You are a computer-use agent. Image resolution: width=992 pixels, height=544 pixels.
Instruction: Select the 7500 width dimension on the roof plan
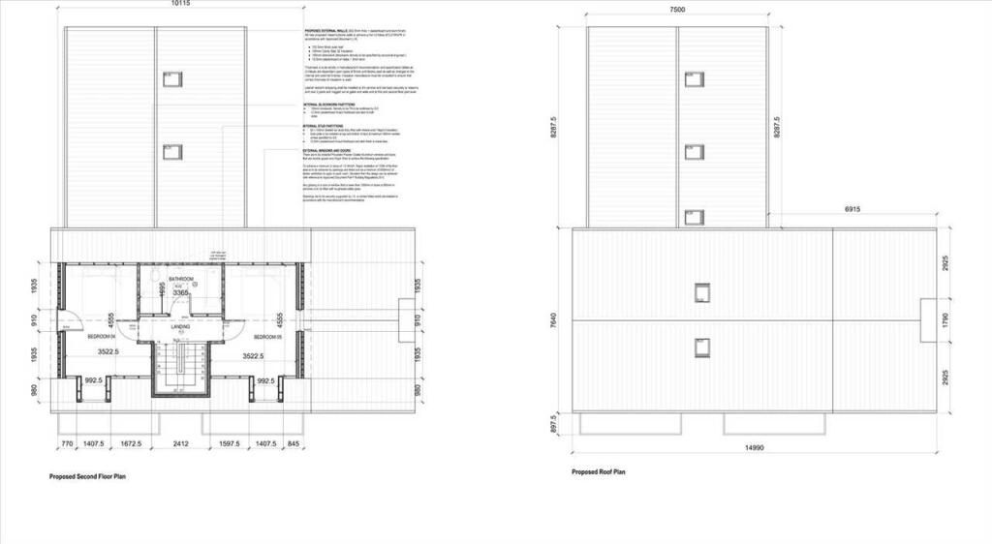tap(677, 9)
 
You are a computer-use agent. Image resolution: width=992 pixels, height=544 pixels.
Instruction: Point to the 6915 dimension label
tap(853, 208)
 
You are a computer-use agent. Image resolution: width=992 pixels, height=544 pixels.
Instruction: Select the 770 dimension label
tap(68, 443)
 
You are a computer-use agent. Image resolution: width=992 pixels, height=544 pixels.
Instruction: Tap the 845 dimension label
tap(294, 443)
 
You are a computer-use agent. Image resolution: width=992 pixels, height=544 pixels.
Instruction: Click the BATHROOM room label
tap(181, 279)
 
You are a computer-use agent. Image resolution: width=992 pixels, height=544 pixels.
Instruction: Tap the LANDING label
tap(180, 327)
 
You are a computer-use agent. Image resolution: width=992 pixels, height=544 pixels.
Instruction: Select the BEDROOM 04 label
tap(101, 336)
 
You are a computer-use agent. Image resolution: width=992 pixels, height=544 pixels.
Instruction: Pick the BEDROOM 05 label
tap(267, 336)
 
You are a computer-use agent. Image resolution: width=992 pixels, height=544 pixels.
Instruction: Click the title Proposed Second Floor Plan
tap(87, 477)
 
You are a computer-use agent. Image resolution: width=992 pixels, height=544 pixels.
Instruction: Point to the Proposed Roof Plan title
tap(598, 472)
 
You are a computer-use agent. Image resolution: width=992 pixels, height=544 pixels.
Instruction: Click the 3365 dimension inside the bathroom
tap(181, 292)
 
